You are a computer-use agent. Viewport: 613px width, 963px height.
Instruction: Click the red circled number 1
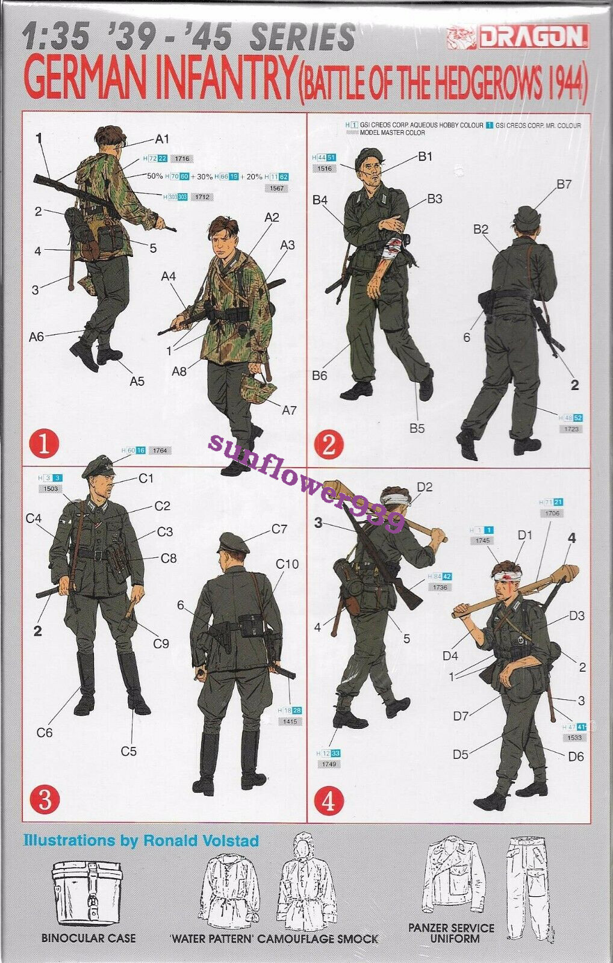click(44, 445)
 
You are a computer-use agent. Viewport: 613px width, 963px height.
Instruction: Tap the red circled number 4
click(329, 802)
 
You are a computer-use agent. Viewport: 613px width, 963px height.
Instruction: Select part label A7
click(289, 410)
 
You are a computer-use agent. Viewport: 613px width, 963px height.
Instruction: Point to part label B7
click(564, 184)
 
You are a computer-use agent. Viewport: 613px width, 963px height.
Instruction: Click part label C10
click(287, 564)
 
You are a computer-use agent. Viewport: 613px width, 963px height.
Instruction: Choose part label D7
click(461, 716)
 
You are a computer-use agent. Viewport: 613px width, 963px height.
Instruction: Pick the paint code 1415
click(289, 721)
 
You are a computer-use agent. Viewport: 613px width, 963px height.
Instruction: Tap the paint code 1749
click(330, 764)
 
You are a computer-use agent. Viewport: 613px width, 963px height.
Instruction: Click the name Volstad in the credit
click(231, 840)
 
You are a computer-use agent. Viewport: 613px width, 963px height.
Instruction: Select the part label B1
click(425, 156)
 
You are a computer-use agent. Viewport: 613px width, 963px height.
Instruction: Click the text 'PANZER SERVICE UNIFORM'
click(451, 933)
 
